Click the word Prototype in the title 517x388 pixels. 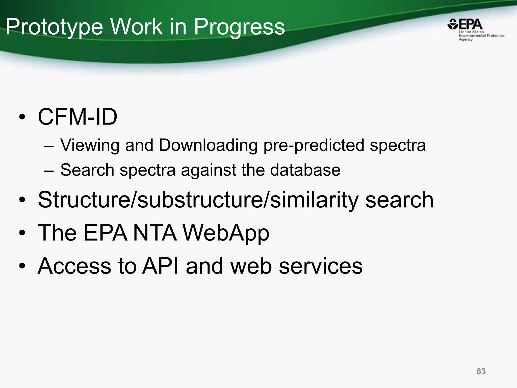[54, 27]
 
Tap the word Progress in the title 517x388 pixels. [239, 27]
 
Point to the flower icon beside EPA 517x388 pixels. [452, 25]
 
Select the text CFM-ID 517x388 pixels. [77, 117]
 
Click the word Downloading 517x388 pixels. [208, 145]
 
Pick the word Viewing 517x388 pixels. [90, 145]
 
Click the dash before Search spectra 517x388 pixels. [48, 171]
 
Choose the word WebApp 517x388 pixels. [226, 233]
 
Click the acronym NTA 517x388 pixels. [154, 233]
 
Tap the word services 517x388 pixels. [321, 266]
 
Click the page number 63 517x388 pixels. [481, 371]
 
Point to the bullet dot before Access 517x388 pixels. [22, 266]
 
